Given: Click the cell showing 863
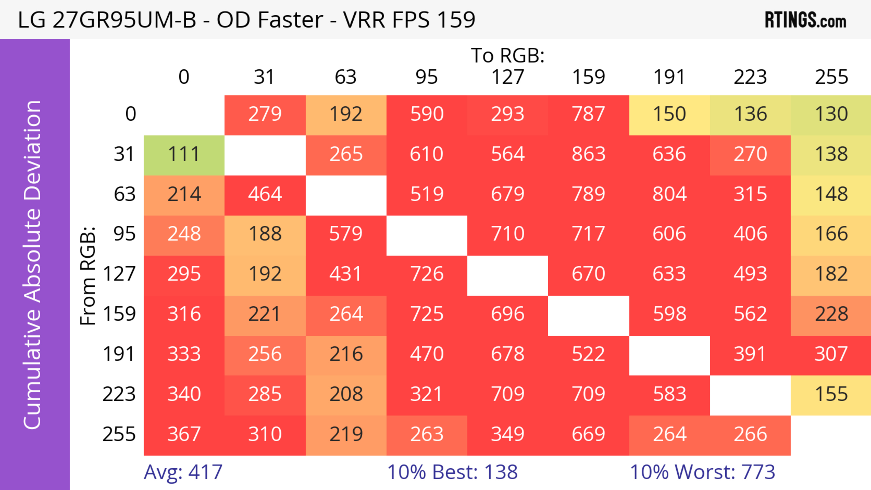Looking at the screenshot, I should pos(588,154).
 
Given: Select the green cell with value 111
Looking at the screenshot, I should pos(184,154).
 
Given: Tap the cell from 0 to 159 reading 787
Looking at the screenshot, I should pos(588,114).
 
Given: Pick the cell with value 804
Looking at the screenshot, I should pos(669,194).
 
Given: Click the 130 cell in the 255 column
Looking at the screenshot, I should pos(831,114).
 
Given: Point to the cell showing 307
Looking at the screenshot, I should pos(831,354).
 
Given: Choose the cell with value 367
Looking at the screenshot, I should pos(184,434).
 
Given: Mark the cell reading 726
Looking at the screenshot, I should pos(427,274).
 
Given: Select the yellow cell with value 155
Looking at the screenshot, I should pos(831,394).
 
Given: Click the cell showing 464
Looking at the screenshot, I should pos(265,194).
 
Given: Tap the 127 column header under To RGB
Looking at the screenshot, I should pos(508,77).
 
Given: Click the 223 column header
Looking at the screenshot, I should pos(750,77).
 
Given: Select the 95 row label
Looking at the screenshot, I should pos(125,234).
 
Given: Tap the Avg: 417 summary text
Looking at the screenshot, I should pos(183,472).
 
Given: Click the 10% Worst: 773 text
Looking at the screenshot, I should pos(702,472).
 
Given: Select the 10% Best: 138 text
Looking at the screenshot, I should pos(452,472).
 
